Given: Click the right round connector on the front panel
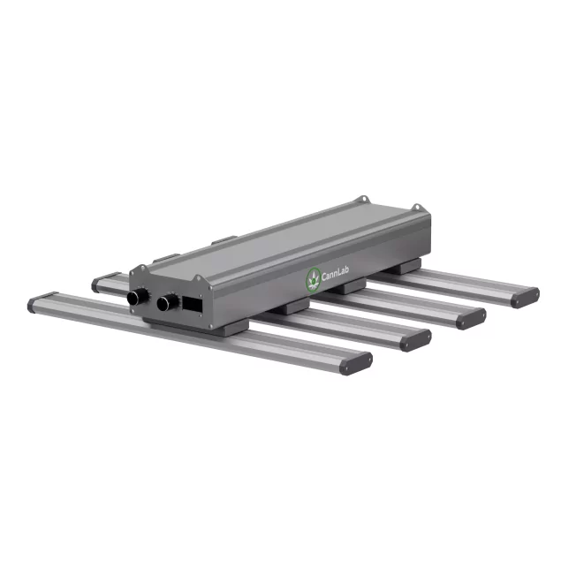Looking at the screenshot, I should [166, 303].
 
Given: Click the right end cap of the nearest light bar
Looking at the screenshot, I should [359, 361].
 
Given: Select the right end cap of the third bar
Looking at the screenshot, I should [476, 317].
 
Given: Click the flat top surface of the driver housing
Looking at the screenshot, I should [265, 243].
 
